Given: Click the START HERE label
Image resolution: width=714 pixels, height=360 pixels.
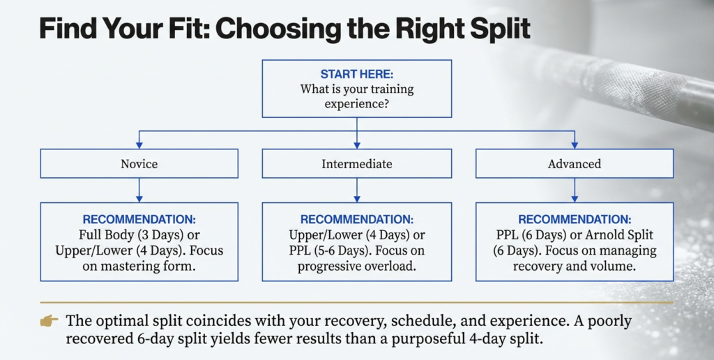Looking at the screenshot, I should (356, 74).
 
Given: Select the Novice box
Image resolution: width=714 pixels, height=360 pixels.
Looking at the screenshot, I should (139, 164).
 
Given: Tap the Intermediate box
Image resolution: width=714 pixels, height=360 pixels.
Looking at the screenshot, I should (356, 164).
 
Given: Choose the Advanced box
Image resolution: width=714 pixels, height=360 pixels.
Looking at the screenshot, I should (575, 164).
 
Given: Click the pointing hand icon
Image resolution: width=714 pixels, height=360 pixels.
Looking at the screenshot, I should (49, 322).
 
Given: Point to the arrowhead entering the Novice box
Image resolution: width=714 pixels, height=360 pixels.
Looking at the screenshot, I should (139, 145).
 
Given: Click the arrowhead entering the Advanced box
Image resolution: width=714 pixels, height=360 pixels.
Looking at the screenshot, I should (575, 145).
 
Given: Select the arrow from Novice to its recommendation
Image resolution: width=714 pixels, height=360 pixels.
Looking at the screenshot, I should (139, 190).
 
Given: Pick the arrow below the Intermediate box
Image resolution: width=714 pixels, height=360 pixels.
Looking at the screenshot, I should (357, 190).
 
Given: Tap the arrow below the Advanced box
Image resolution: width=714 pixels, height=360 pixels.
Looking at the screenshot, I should (575, 190).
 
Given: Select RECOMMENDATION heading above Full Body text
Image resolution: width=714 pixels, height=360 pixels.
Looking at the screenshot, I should (139, 219).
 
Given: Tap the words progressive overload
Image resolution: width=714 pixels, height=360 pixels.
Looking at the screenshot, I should (356, 267).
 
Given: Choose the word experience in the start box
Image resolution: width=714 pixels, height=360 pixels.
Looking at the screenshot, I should (356, 105).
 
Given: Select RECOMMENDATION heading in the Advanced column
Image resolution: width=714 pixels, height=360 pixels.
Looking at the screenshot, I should (575, 219).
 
